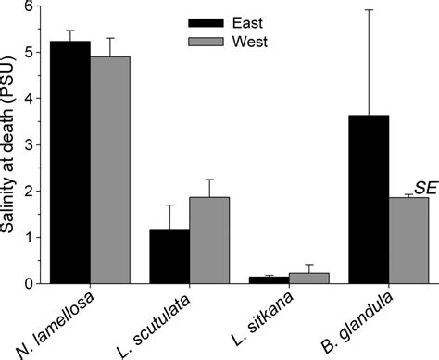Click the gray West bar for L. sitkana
pos(308,278)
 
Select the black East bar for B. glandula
pos(369,199)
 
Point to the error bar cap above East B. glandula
pos(369,10)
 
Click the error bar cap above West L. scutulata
pos(209,180)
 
